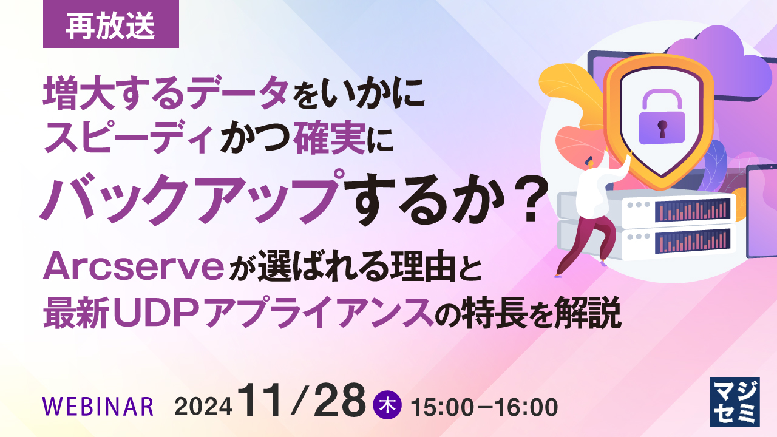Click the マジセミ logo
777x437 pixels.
[x=735, y=402]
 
